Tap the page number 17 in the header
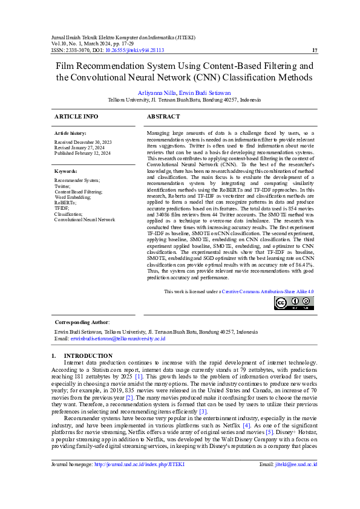coord(314,50)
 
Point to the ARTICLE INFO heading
coord(76,116)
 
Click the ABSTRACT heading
coord(163,116)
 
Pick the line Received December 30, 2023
coord(83,141)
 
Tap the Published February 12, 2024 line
coord(82,153)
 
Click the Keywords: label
coord(67,171)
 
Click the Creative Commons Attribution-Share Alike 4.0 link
coord(267,291)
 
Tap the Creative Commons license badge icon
coord(293,303)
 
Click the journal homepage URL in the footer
coord(139,481)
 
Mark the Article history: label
coord(70,132)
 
